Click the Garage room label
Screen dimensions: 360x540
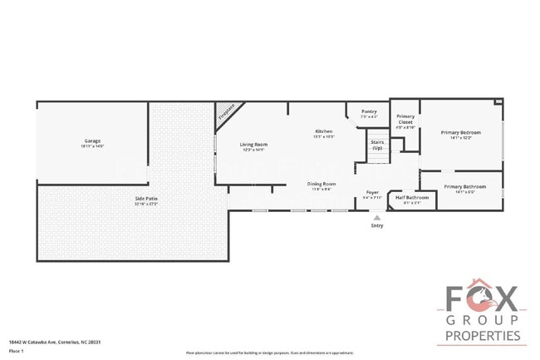pos(92,141)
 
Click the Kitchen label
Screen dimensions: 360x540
pos(324,131)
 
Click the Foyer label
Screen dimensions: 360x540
pos(373,192)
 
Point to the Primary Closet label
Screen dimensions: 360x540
pos(405,119)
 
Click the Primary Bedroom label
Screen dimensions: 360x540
pos(460,132)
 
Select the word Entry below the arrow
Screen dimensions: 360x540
pos(377,224)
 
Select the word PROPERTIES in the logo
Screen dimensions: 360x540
pos(483,336)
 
